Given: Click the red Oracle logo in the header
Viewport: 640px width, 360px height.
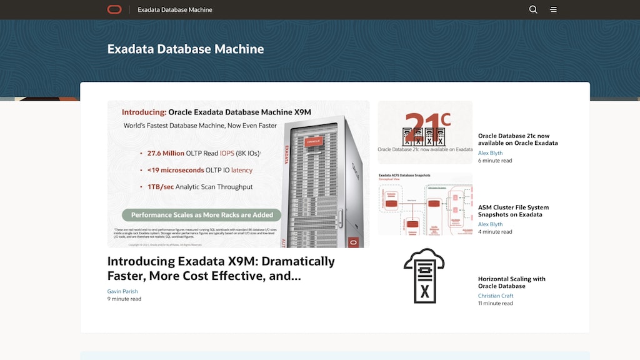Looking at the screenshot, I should point(114,9).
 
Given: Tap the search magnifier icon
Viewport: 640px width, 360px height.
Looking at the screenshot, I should point(533,9).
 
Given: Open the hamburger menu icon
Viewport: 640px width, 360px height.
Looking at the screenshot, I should point(553,9).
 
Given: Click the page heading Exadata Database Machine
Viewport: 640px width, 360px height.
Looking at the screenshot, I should point(186,49).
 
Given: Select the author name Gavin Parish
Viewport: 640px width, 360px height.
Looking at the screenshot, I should point(122,291).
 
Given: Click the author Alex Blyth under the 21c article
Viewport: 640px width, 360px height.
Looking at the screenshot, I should point(490,153).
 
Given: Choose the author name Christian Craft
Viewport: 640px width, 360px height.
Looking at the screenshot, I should point(496,296).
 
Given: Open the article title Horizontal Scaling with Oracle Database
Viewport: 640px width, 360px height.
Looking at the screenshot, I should point(512,282).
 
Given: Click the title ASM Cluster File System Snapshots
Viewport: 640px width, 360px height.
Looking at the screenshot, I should point(513,211).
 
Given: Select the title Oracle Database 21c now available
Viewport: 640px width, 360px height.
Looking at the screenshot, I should point(517,139).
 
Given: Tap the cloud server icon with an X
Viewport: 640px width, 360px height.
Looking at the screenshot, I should point(424,276).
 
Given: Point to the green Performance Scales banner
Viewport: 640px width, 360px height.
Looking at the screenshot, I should point(202,214).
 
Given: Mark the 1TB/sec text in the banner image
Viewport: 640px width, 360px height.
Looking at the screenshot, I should point(160,186).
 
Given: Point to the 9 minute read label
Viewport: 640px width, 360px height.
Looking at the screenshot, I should point(124,299).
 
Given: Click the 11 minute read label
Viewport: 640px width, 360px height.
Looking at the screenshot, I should point(495,303).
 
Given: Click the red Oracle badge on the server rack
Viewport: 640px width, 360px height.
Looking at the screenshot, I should point(313,142).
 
